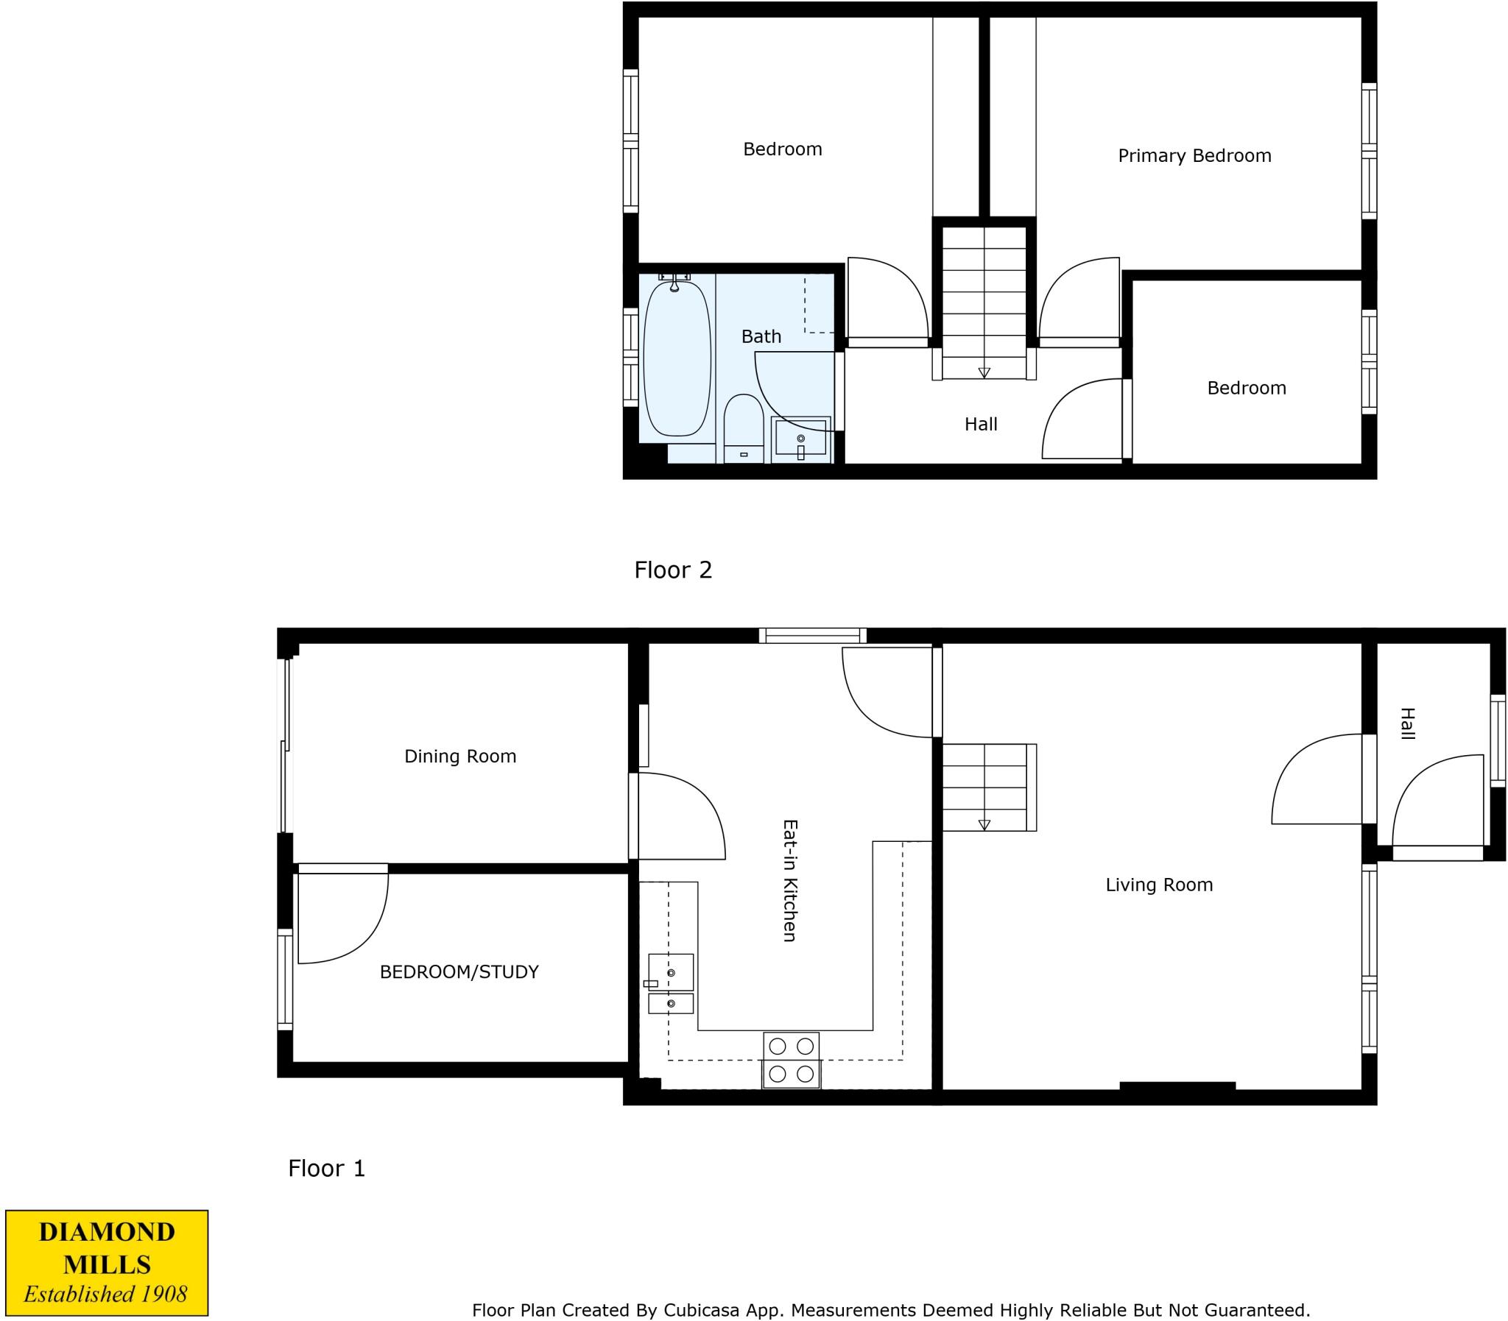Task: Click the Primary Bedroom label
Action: tap(1194, 155)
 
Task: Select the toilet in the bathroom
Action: tap(742, 428)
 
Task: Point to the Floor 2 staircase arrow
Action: tap(984, 373)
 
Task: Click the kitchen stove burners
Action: tap(792, 1059)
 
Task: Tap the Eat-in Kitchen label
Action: tap(790, 880)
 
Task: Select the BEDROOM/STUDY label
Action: tap(459, 971)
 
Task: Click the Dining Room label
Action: tap(460, 756)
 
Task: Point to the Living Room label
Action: tap(1158, 885)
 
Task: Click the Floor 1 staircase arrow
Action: tap(984, 825)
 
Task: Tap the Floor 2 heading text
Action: tap(672, 570)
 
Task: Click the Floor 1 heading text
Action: tap(326, 1168)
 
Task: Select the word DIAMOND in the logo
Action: tap(107, 1231)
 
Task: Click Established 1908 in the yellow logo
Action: tap(105, 1294)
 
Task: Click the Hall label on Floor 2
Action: tap(981, 424)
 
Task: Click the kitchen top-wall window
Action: tap(813, 635)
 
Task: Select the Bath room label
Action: tap(761, 336)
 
